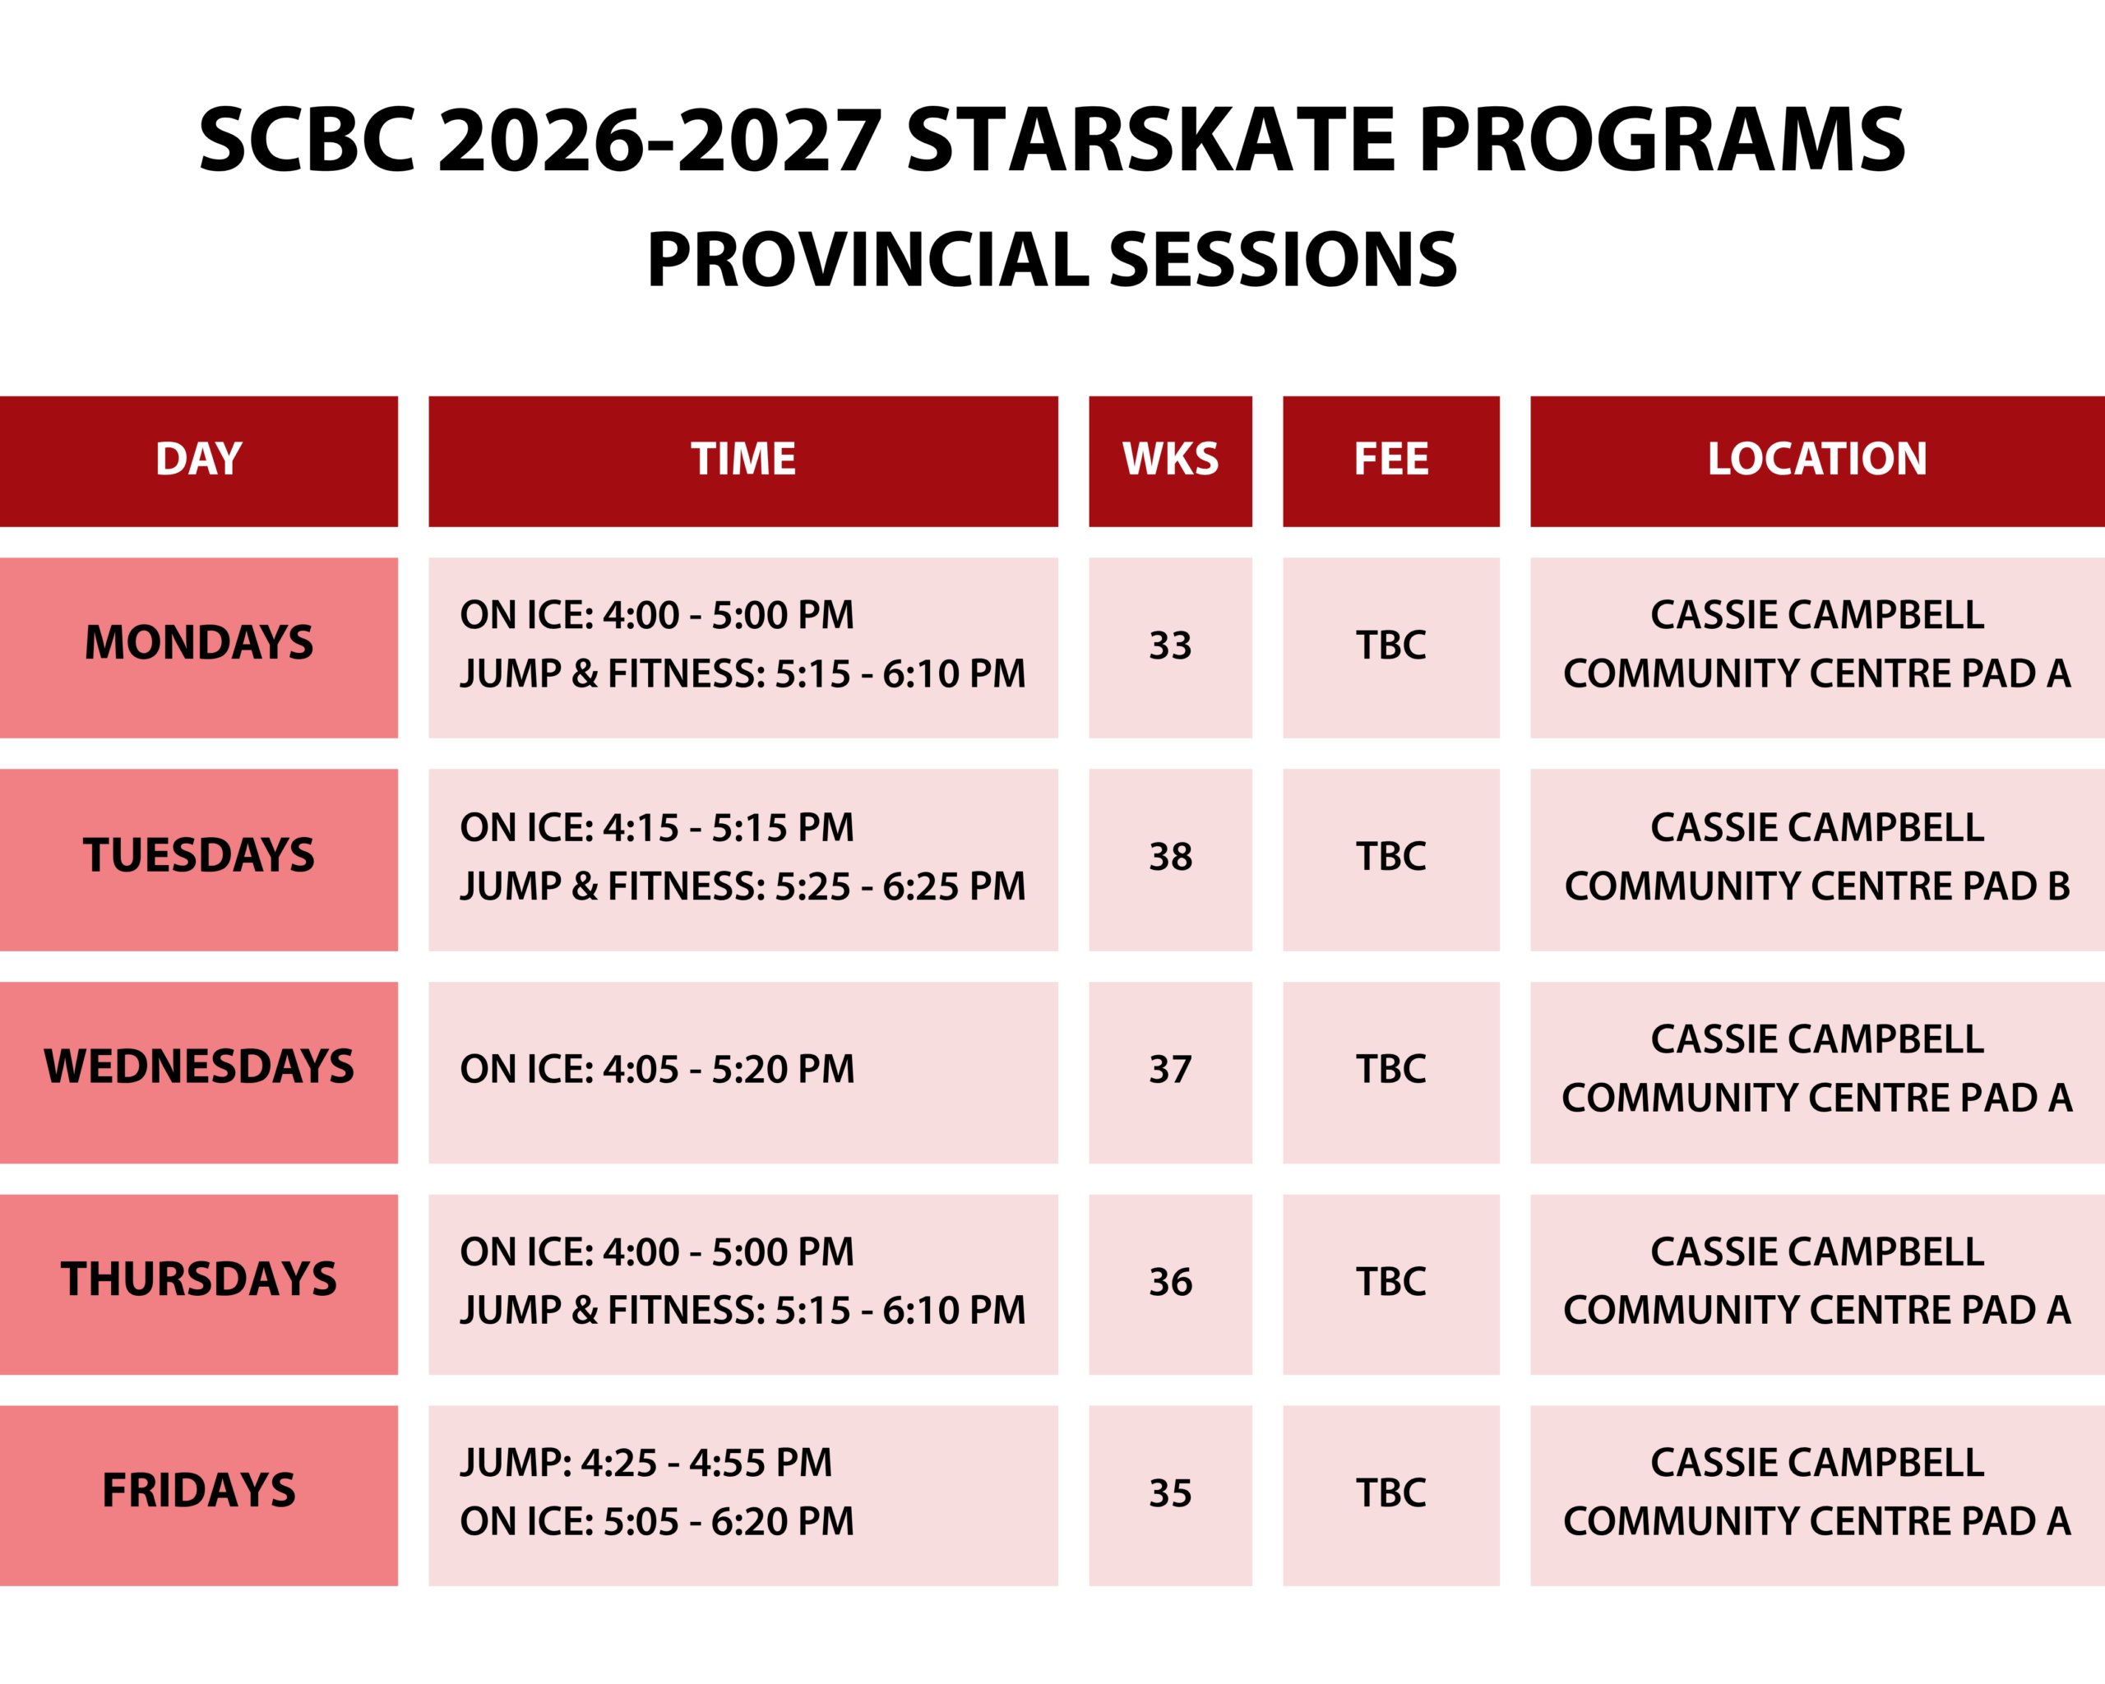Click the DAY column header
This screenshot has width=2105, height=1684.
tap(198, 460)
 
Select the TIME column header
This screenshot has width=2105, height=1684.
tap(743, 460)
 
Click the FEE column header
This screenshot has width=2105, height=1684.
tap(1390, 460)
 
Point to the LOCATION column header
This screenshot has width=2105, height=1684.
tap(1817, 460)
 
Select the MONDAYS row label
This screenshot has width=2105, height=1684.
tap(198, 643)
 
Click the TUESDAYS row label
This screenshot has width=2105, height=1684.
tap(198, 856)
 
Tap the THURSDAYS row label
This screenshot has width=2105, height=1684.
tap(198, 1279)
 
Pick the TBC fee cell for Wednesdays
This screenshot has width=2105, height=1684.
tap(1390, 1070)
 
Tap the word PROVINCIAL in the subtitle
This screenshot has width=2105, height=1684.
tap(866, 261)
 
